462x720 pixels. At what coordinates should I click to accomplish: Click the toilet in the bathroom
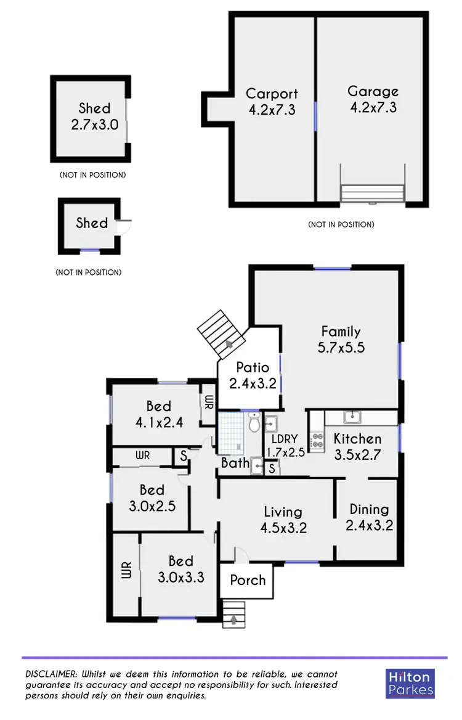[x=254, y=424]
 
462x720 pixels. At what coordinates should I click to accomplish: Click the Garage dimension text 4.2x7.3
[x=373, y=107]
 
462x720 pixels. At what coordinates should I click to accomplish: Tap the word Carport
[x=272, y=94]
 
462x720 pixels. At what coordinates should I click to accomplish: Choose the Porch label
[x=248, y=580]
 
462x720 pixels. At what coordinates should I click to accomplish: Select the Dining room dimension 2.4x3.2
[x=369, y=525]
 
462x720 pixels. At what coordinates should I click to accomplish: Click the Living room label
[x=283, y=512]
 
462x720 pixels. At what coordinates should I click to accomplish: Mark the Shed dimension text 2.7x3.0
[x=94, y=124]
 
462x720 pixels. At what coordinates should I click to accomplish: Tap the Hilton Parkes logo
[x=410, y=683]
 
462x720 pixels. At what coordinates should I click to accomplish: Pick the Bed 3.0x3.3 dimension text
[x=181, y=578]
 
